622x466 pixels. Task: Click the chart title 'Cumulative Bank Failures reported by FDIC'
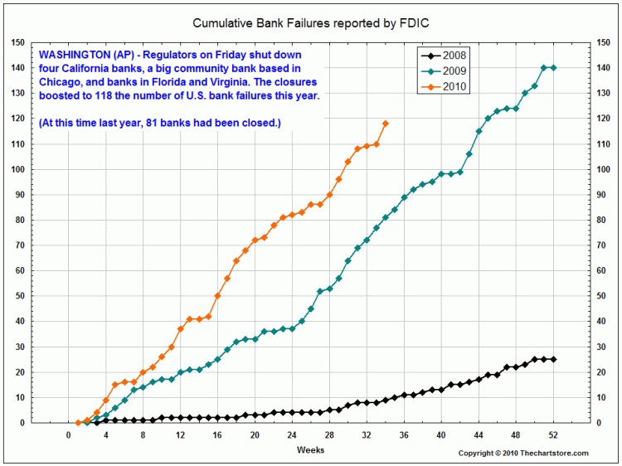[x=310, y=24]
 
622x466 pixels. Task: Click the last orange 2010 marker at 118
[x=386, y=124]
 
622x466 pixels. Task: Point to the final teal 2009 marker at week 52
[x=554, y=68]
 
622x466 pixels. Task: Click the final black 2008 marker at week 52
[x=554, y=359]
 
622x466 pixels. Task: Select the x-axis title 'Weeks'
[x=311, y=449]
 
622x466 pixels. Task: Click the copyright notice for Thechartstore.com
[x=523, y=453]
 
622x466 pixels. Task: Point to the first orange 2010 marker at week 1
[x=78, y=422]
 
